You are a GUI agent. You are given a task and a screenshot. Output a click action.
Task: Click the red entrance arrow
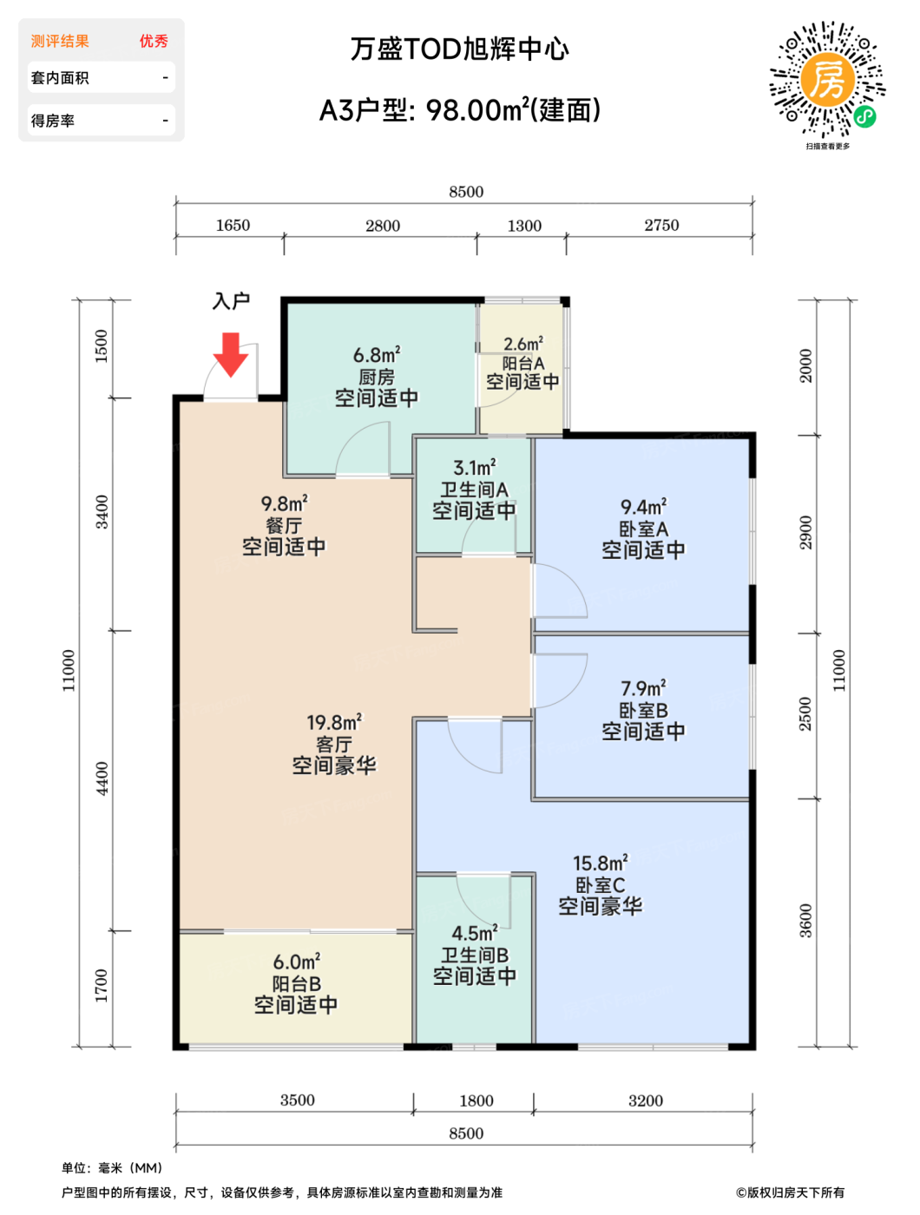point(230,354)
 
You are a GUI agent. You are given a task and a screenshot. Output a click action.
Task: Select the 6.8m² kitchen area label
point(377,354)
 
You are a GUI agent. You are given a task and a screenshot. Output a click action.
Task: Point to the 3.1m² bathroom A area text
point(475,467)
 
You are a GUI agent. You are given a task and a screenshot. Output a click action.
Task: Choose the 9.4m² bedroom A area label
point(643,506)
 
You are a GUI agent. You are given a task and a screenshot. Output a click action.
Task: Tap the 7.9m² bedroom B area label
point(643,687)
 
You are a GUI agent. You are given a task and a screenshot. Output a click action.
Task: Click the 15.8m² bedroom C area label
point(600,863)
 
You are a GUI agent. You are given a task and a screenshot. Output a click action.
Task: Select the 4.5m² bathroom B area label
point(475,933)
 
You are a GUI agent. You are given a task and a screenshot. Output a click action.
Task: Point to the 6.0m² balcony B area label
point(296,962)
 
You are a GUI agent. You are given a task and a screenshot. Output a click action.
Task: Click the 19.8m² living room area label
point(334,722)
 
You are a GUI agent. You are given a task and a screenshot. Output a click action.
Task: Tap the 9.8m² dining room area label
point(284,503)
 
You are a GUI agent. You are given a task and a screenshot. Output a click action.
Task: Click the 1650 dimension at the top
point(233,226)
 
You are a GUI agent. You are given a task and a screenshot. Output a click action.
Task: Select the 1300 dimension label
point(523,226)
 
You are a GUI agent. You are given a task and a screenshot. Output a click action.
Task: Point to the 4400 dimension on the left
point(102,778)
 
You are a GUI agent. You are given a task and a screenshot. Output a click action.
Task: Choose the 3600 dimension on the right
point(805,920)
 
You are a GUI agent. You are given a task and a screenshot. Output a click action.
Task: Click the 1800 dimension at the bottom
point(476,1100)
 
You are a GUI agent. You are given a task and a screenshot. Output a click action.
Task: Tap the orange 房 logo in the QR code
point(827,80)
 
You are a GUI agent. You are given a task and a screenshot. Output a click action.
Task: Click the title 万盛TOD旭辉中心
point(459,49)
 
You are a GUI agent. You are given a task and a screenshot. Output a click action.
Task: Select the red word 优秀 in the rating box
point(154,41)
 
